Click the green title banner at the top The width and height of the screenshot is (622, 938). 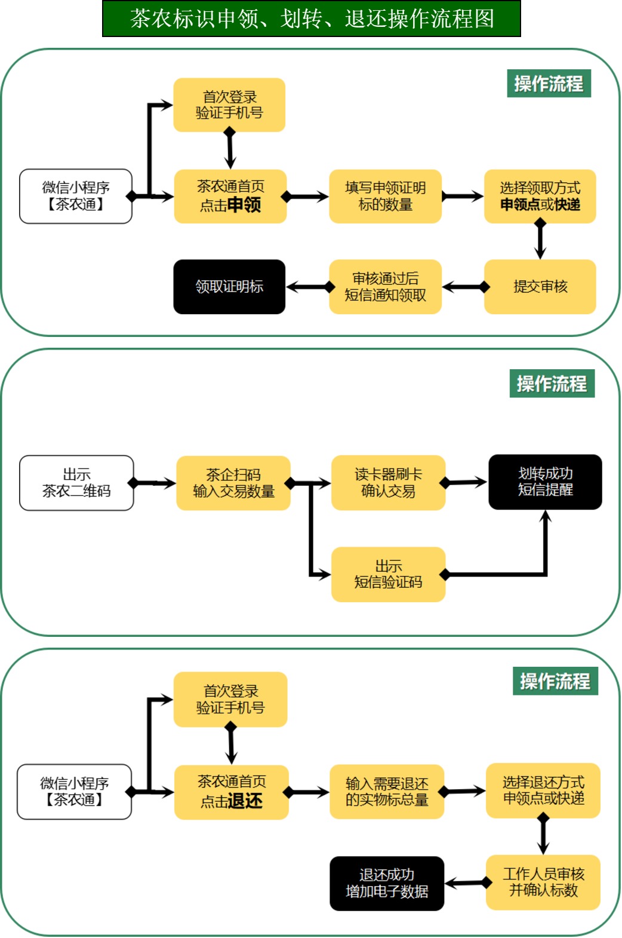point(311,19)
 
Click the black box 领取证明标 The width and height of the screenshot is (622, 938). point(229,287)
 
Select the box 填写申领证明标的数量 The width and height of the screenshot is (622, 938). point(385,197)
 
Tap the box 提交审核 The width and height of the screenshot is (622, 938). point(540,287)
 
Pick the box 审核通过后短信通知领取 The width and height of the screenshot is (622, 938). point(385,287)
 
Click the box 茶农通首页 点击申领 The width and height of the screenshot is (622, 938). point(230,197)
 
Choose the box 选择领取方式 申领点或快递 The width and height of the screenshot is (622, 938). point(540,197)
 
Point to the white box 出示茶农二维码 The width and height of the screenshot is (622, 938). point(76,483)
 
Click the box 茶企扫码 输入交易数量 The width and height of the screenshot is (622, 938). point(233,483)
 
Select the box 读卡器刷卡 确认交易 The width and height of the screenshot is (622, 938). point(388,483)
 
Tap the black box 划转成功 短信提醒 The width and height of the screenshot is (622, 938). point(545,482)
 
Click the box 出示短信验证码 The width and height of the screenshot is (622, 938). point(388,574)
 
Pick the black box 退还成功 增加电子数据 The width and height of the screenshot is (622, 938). point(387,884)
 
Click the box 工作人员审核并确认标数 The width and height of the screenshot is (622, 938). point(543,882)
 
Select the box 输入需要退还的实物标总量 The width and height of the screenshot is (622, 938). point(387,792)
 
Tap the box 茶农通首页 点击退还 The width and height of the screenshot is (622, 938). point(232,792)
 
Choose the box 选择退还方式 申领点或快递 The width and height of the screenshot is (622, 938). point(543,790)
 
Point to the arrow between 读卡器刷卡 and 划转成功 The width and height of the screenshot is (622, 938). point(466,483)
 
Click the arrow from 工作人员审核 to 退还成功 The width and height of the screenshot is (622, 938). point(466,882)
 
